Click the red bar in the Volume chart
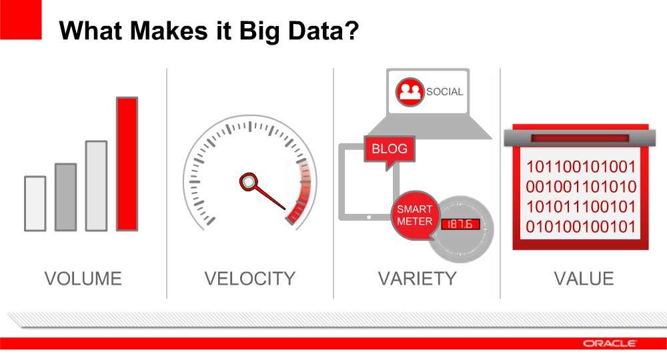[127, 164]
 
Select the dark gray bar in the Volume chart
[66, 197]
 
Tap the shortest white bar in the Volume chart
[35, 203]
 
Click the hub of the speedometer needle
[248, 182]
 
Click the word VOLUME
[83, 279]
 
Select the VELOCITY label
[249, 279]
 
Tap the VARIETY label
[418, 279]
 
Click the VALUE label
[584, 279]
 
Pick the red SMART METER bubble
[415, 215]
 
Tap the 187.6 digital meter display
[460, 224]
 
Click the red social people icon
[410, 92]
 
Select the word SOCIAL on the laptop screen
[444, 92]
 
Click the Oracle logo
[610, 343]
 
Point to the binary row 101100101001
[581, 167]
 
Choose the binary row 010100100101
[581, 227]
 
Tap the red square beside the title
[21, 19]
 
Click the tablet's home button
[369, 217]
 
